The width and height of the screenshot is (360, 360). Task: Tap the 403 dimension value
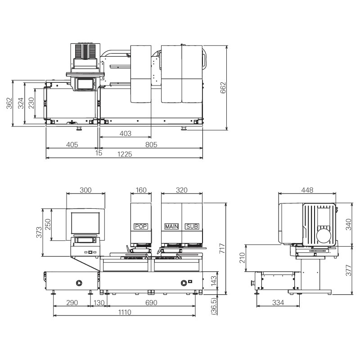click(x=126, y=133)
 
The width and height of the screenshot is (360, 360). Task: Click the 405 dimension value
click(x=72, y=144)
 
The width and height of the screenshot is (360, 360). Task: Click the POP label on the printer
click(x=141, y=226)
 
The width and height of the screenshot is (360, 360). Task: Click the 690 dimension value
click(x=151, y=303)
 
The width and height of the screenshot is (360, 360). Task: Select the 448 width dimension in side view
click(x=307, y=190)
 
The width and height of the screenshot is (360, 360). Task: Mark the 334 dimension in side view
click(x=278, y=303)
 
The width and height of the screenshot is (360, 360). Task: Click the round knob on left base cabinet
click(x=79, y=283)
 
